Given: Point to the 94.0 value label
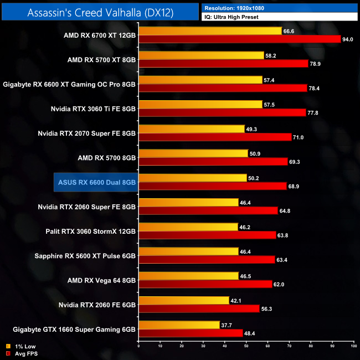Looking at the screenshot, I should point(348,39).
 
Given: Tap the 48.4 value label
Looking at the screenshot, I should point(250,333).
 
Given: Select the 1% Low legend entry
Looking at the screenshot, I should point(20,347).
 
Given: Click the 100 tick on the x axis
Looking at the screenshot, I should point(353,346).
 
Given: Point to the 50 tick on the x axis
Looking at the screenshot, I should point(245,346).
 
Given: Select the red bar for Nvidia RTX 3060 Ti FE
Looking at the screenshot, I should point(222,112).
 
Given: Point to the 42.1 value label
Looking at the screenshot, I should point(236,300).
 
